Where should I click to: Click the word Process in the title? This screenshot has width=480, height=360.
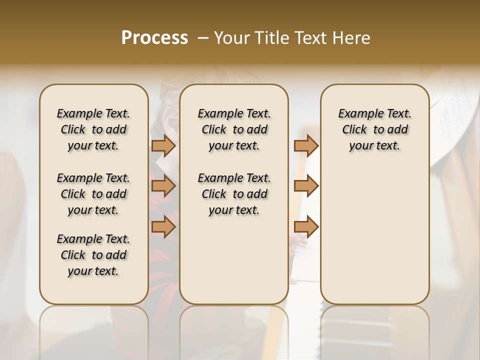154,38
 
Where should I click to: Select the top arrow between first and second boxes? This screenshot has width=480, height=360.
163,145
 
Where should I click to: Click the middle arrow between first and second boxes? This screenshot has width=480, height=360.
163,186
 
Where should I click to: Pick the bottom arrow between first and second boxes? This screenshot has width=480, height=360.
163,227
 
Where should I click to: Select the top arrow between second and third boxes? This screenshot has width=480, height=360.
306,145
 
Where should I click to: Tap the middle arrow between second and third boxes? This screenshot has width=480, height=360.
306,186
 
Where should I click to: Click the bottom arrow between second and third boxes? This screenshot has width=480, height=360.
306,227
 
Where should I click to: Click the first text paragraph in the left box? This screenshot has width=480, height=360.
93,129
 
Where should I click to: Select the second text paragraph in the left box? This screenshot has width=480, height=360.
93,194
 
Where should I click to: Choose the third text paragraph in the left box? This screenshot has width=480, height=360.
93,255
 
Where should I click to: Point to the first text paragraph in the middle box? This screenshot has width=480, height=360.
234,129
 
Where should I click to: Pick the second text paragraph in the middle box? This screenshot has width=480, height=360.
234,194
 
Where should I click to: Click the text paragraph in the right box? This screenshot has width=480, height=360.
374,129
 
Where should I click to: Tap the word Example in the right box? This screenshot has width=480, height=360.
357,114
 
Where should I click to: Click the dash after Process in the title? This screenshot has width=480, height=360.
203,38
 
